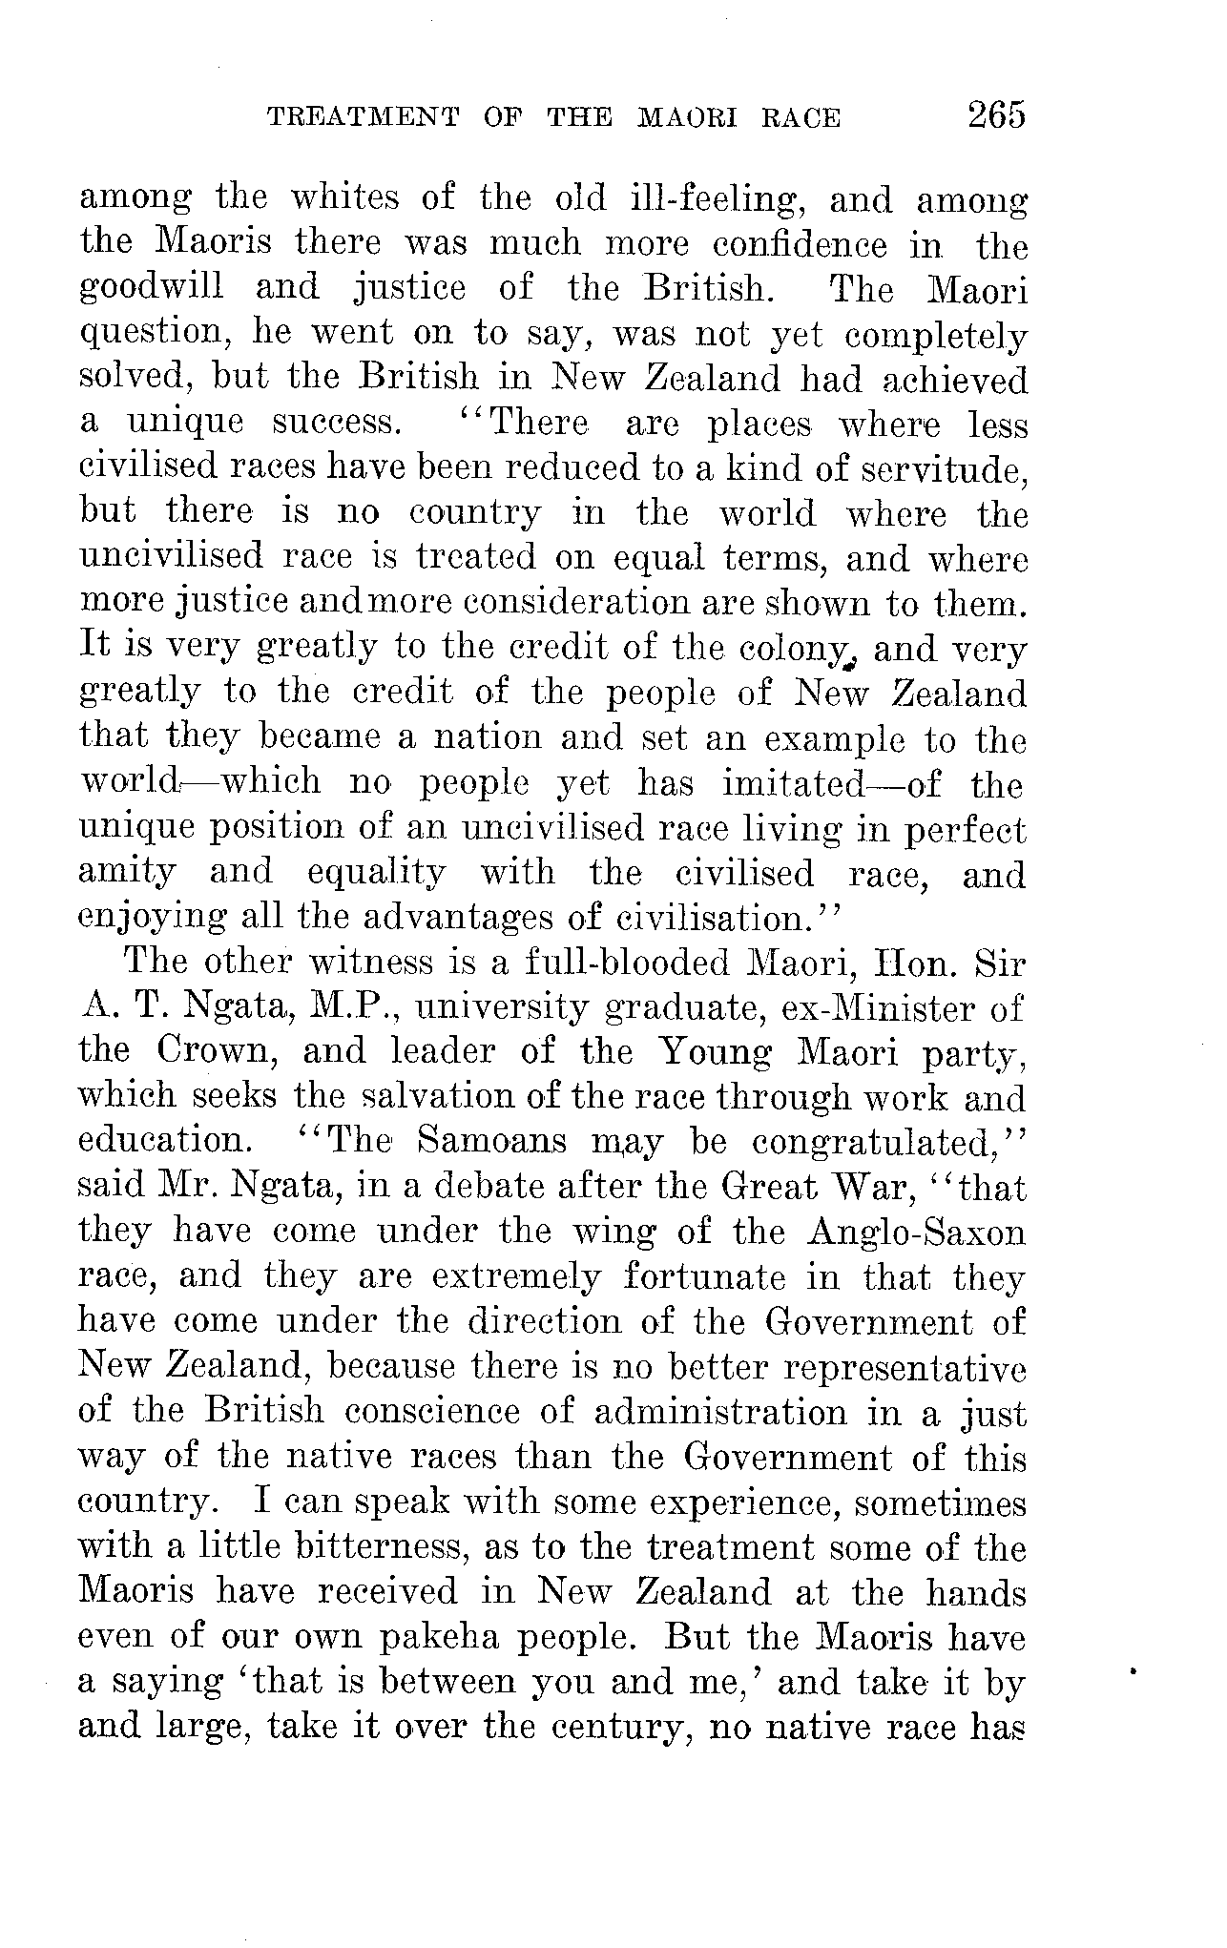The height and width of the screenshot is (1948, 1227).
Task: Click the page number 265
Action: pos(996,115)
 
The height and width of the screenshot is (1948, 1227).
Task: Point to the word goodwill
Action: pos(152,289)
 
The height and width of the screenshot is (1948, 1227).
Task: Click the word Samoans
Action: pos(491,1142)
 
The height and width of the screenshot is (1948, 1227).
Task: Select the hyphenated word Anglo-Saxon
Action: pos(916,1233)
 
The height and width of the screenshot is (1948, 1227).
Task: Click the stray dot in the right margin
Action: pos(1133,1672)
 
